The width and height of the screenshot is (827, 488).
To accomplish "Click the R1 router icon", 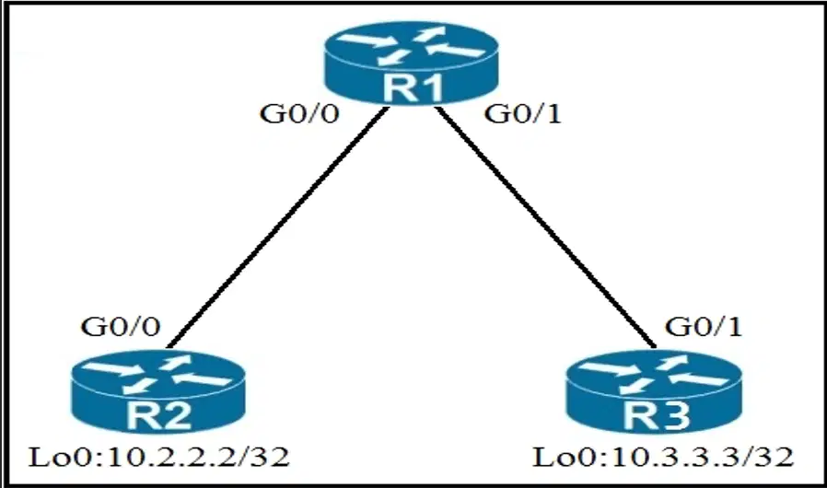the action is click(x=412, y=63).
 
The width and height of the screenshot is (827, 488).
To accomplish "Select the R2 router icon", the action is click(x=158, y=391).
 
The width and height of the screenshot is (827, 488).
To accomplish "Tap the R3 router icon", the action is click(x=654, y=391).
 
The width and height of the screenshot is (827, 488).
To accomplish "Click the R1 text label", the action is click(x=413, y=87).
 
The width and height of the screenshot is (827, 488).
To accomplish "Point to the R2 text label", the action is click(x=159, y=414).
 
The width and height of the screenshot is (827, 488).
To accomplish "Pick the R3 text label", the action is click(x=657, y=414).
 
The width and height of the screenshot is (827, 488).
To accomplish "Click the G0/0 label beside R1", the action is click(x=299, y=114).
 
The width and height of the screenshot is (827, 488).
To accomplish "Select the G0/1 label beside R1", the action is click(x=523, y=114).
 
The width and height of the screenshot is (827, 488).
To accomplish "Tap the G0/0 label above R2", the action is click(x=121, y=327).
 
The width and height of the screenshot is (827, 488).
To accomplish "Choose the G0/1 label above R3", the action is click(x=704, y=327).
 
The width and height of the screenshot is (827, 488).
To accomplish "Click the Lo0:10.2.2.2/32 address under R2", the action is click(x=158, y=457).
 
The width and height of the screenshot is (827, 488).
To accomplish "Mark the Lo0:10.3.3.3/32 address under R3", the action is click(x=663, y=457).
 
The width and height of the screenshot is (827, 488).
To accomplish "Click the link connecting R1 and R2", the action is click(x=278, y=227).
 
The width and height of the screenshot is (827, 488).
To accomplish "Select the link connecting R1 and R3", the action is click(x=546, y=227).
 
